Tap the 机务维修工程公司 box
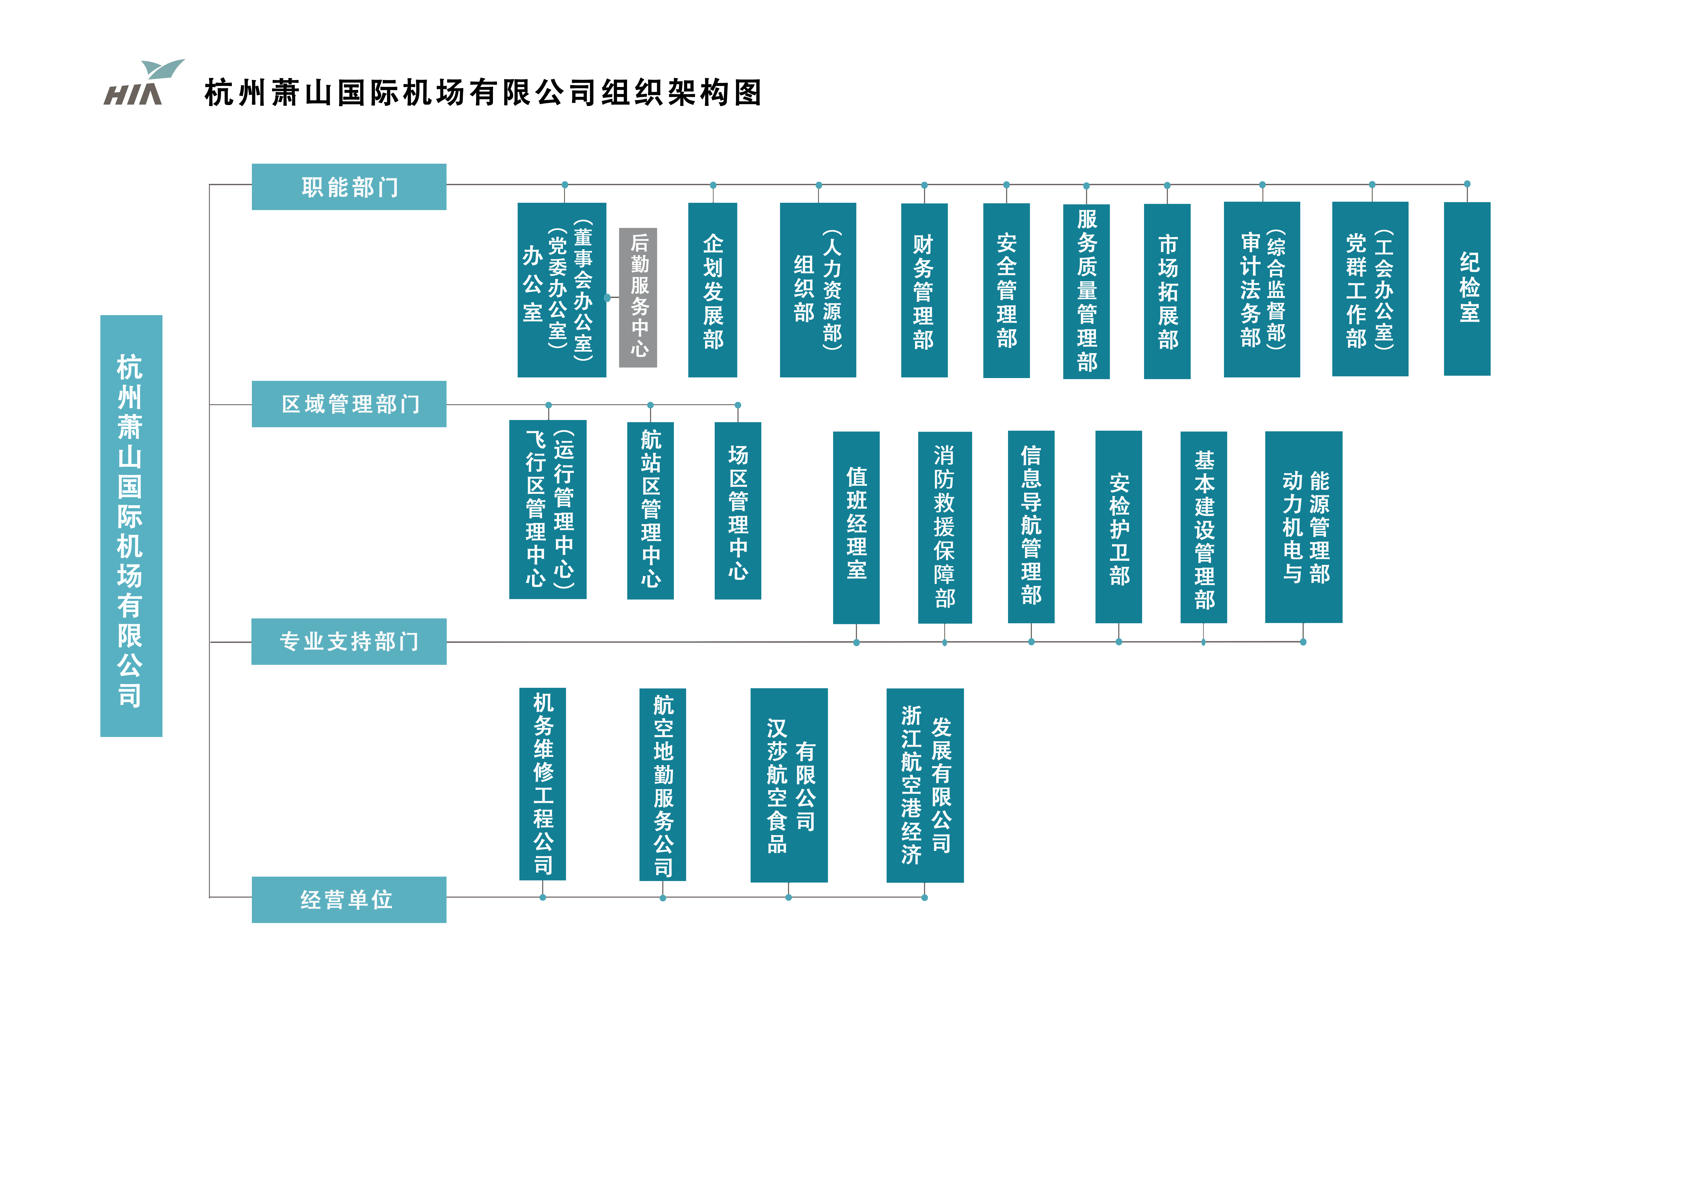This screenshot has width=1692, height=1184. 542,784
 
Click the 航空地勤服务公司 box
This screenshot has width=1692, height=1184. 662,784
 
